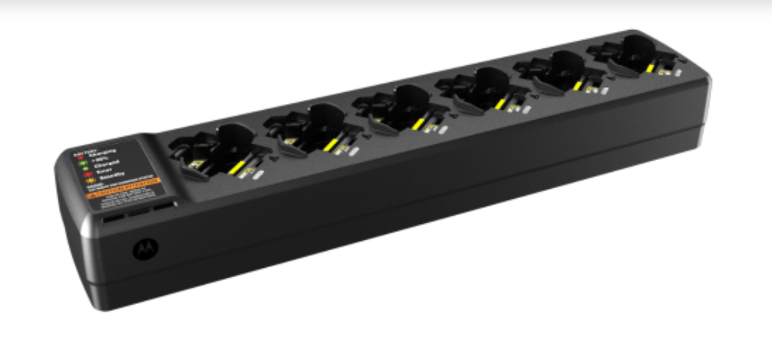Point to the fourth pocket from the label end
pos(480,88)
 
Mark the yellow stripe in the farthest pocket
pos(651,67)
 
